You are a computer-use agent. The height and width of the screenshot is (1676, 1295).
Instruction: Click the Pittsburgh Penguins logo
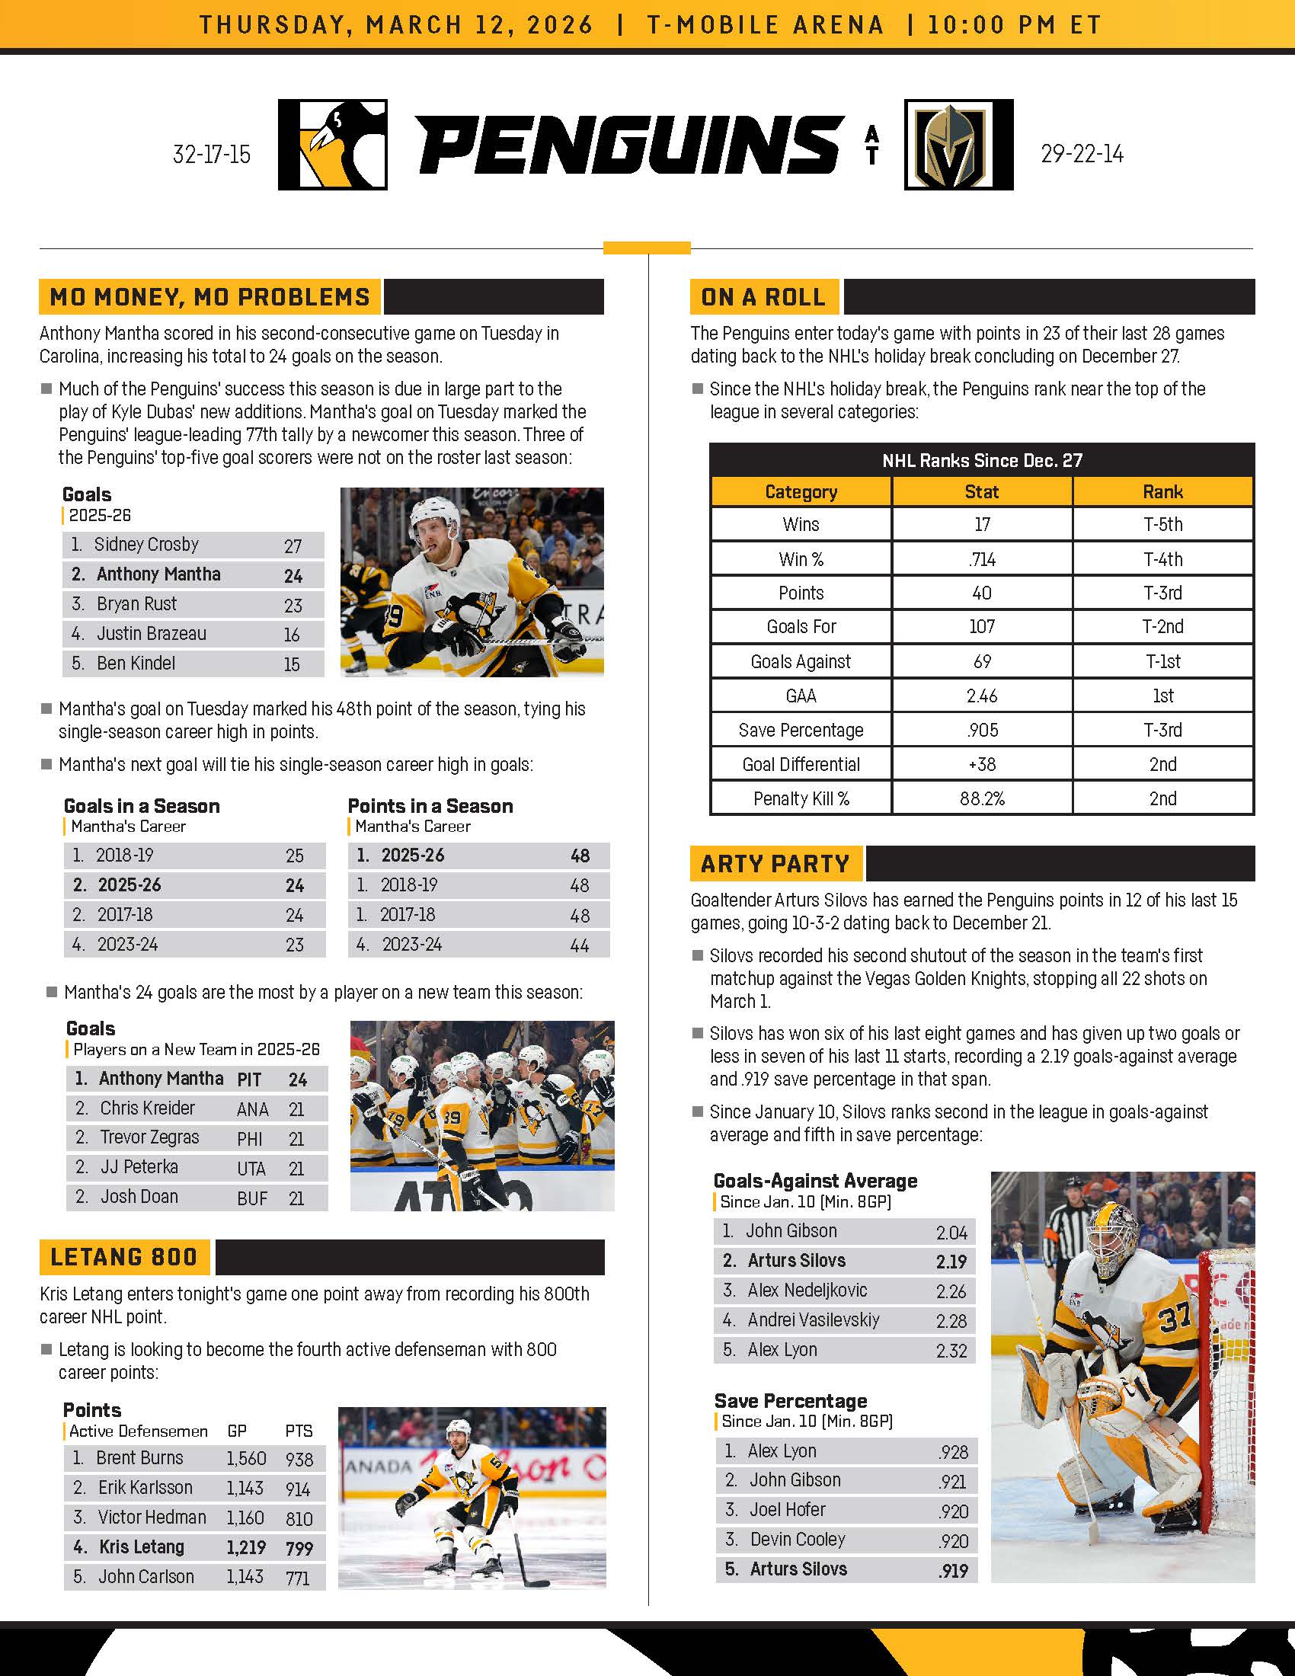coord(332,144)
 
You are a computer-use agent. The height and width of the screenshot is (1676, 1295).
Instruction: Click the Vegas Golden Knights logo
coord(958,144)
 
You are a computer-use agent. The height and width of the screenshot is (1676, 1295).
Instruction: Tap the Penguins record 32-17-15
coord(212,155)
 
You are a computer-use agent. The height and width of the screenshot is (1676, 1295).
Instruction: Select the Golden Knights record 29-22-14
coord(1082,154)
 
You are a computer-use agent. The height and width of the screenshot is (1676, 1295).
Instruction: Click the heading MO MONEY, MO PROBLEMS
coord(209,297)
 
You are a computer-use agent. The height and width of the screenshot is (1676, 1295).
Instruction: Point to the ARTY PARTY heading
coord(775,864)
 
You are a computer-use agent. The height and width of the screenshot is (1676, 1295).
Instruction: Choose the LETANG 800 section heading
coord(123,1257)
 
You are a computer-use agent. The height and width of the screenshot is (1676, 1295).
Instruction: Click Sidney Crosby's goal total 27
coord(293,546)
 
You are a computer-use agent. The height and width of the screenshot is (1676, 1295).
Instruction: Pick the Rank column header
coord(1162,492)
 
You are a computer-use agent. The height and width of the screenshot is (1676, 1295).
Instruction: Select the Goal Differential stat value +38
coord(981,764)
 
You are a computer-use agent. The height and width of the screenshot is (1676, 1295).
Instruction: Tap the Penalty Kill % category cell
coord(801,799)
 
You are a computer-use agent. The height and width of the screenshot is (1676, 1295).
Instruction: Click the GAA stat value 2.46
coord(981,696)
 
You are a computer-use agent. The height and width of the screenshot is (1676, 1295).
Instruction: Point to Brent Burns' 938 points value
coord(299,1459)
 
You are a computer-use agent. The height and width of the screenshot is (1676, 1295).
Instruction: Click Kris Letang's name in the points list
coord(142,1547)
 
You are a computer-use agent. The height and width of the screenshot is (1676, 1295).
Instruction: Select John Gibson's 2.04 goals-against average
coord(951,1233)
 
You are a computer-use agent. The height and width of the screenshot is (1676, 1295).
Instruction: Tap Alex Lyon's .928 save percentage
coord(953,1452)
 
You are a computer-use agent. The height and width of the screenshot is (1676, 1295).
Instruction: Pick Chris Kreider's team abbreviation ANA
coord(252,1110)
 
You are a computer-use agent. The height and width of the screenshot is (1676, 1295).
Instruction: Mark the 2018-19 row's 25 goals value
coord(295,856)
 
